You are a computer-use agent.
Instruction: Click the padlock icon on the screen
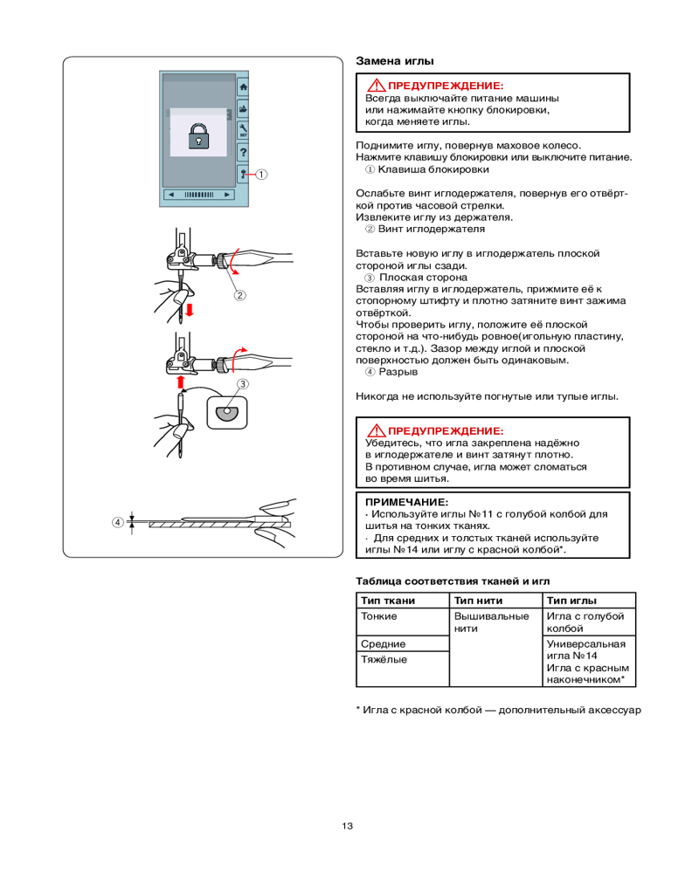click(198, 134)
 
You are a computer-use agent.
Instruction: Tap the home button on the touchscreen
click(243, 87)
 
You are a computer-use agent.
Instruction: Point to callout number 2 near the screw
click(238, 295)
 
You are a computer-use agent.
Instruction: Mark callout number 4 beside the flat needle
click(116, 523)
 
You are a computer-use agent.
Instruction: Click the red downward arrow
click(189, 309)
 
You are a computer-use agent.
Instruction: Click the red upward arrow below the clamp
click(181, 382)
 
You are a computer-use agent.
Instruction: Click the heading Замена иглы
click(395, 62)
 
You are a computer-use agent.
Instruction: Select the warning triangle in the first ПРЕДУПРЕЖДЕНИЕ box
click(376, 86)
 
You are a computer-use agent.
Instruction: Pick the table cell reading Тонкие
click(379, 616)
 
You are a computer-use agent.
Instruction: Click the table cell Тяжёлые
click(384, 659)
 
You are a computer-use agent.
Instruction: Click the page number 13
click(348, 826)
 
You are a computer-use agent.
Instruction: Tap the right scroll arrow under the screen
click(227, 194)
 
